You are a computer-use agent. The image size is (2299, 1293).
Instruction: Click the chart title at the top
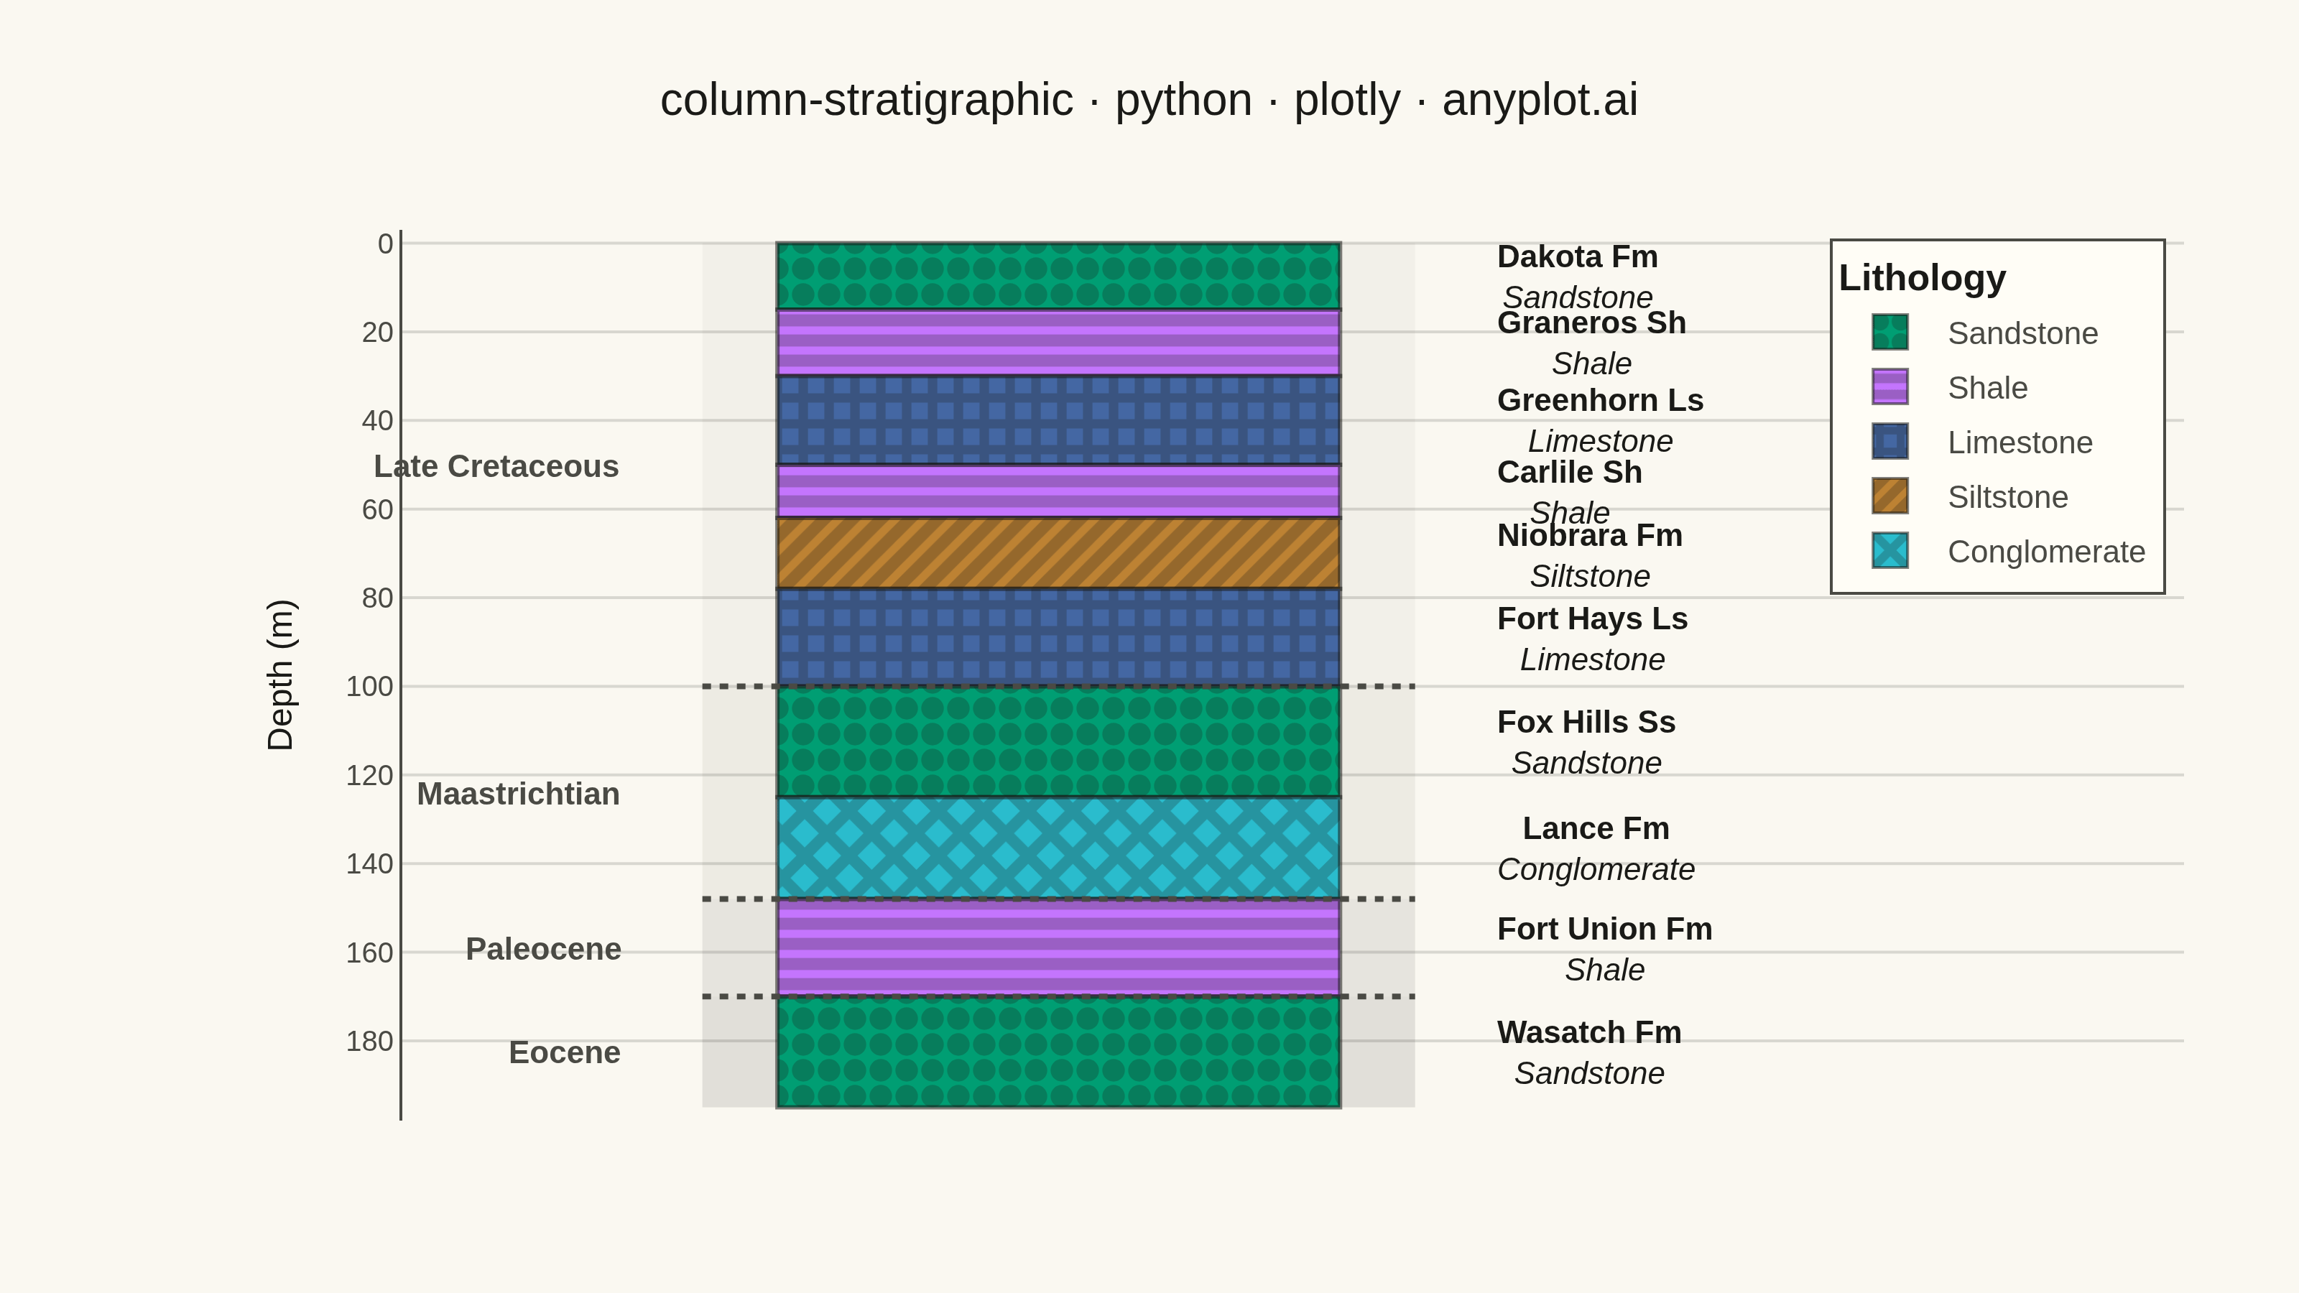tap(1149, 100)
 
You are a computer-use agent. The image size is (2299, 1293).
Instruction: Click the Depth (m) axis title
tap(280, 675)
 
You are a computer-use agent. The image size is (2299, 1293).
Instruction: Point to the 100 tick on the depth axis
tap(369, 686)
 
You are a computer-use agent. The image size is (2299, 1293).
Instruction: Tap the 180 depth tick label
tap(369, 1042)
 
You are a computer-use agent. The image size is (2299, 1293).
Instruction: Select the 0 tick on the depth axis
tap(386, 244)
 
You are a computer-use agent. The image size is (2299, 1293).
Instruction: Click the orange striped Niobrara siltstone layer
tap(1058, 553)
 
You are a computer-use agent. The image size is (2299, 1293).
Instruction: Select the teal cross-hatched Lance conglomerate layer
tap(1058, 848)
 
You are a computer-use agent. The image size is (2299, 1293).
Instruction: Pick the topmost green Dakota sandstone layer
tap(1058, 276)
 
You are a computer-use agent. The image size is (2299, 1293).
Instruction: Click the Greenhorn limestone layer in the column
tap(1058, 420)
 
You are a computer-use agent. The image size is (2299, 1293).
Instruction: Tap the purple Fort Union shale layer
tap(1058, 947)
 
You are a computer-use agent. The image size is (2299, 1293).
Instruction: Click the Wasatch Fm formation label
tap(1589, 1032)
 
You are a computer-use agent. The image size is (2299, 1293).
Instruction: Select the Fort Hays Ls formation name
tap(1593, 618)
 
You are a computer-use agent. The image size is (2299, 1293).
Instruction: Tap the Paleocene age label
tap(544, 948)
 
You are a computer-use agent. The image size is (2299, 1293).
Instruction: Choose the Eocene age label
tap(565, 1053)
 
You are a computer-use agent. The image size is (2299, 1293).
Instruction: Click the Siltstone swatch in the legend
tap(1890, 496)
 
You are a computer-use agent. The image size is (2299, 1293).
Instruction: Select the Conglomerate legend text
tap(2046, 552)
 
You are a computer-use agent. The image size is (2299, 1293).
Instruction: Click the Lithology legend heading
tap(1923, 277)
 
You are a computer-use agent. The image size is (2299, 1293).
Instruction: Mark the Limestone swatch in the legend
tap(1890, 442)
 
